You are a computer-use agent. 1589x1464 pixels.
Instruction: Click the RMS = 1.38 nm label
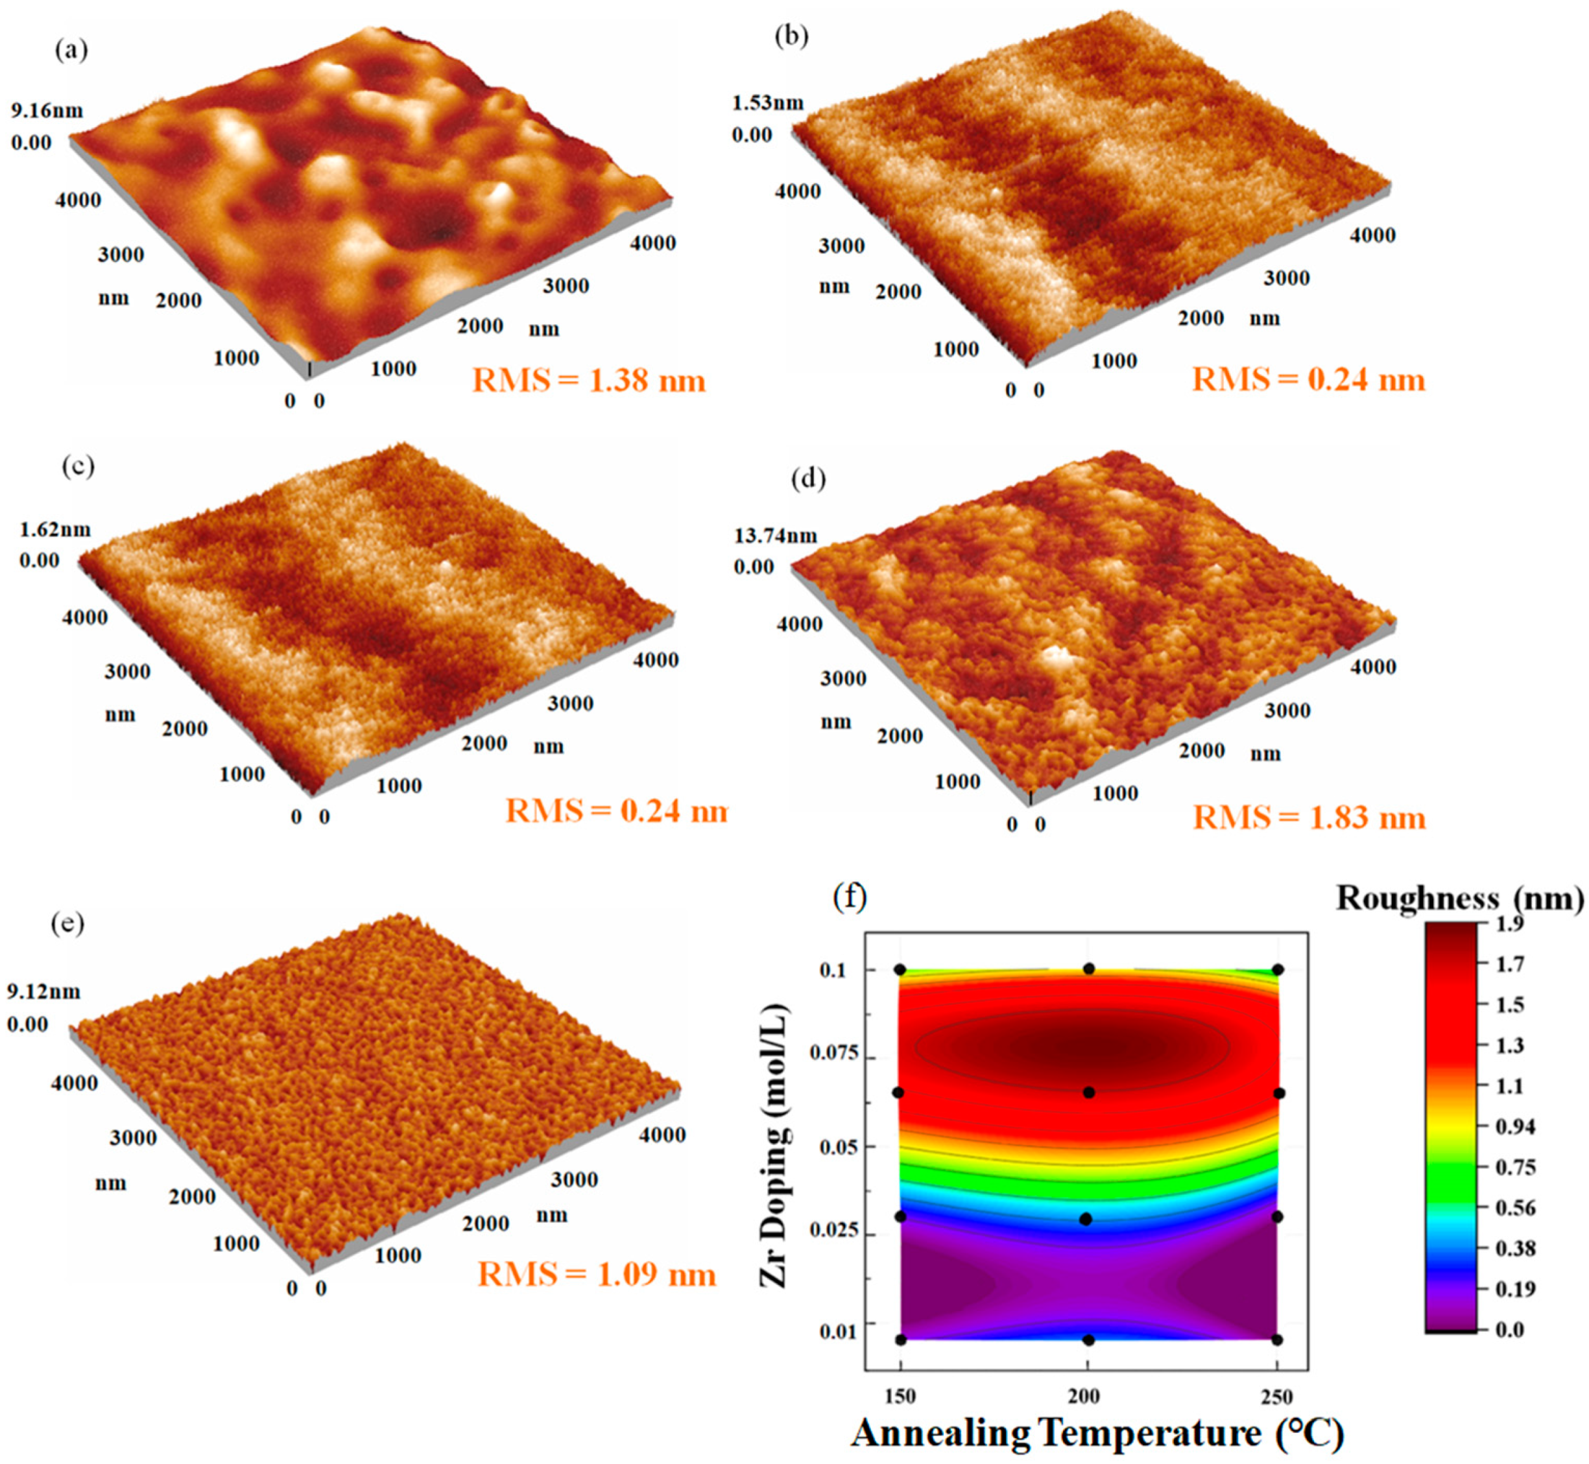tap(589, 380)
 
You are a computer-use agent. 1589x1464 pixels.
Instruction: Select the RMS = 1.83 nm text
tap(1309, 817)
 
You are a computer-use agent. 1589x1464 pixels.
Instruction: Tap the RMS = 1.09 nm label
tap(597, 1274)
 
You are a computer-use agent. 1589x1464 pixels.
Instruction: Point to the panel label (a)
tap(71, 50)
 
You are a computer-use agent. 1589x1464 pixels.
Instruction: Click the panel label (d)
tap(808, 478)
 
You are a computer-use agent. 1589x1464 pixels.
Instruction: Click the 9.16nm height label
tap(47, 110)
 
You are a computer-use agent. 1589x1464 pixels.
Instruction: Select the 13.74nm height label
tap(775, 536)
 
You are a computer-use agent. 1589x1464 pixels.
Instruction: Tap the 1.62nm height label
tap(54, 529)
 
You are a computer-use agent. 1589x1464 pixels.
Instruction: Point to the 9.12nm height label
tap(43, 991)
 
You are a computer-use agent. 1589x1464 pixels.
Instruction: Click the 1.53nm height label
tap(767, 102)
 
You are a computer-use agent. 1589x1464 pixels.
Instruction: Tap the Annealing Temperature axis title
tap(1097, 1433)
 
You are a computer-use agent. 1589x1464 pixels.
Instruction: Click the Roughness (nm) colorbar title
tap(1459, 897)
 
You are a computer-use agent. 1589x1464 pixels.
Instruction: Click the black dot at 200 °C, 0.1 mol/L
tap(1089, 968)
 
